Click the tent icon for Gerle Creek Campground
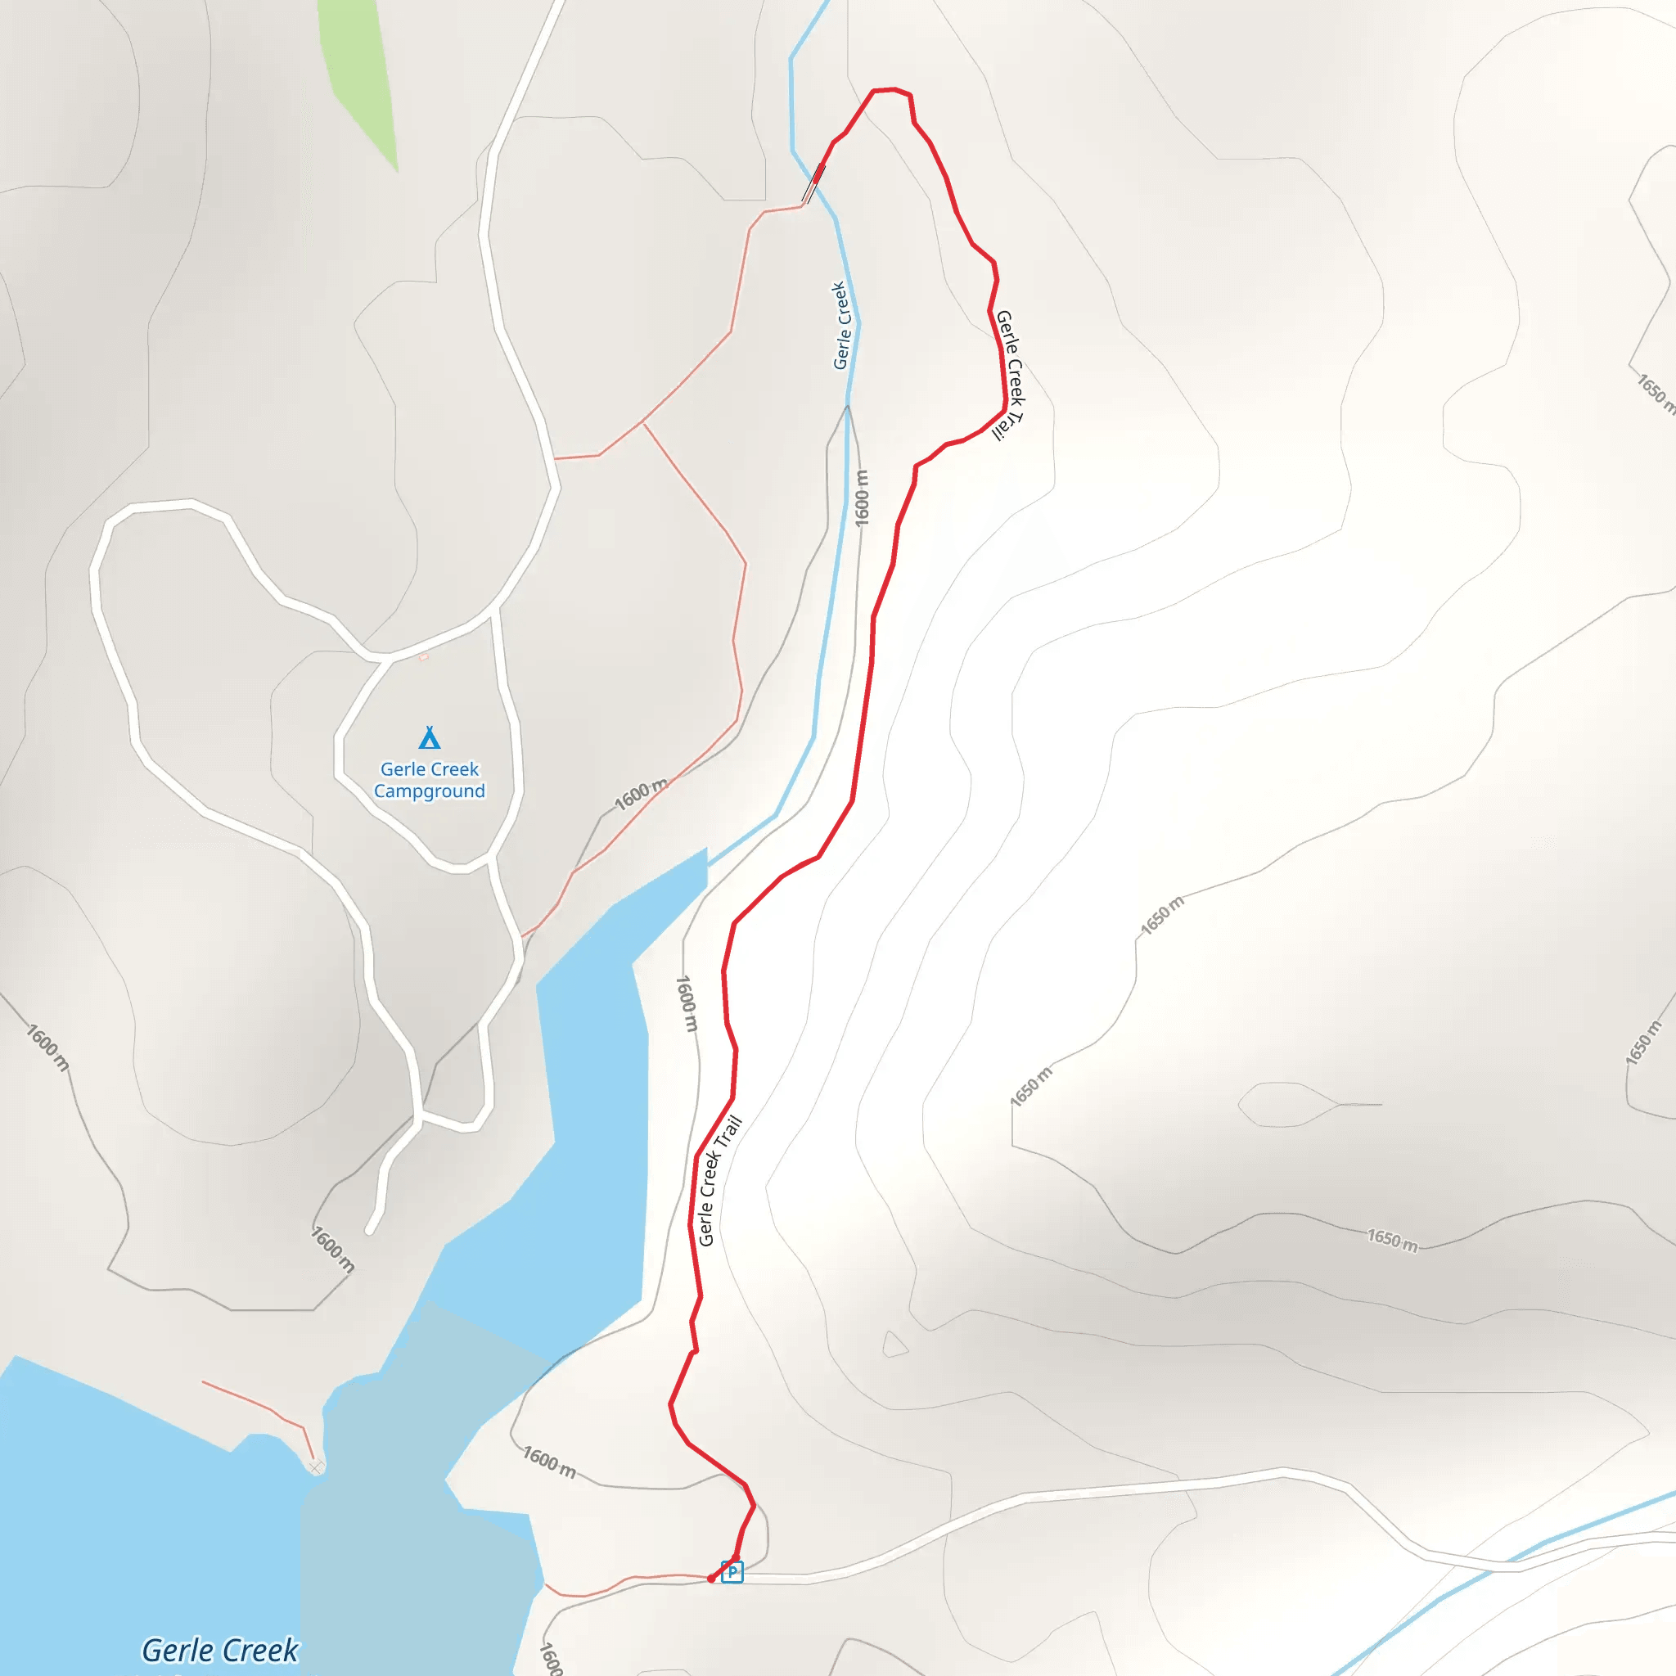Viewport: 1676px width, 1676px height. click(x=430, y=738)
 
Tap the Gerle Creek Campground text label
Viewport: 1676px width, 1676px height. click(x=430, y=780)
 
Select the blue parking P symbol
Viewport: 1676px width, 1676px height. click(x=732, y=1572)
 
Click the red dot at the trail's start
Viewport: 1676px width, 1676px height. click(x=711, y=1579)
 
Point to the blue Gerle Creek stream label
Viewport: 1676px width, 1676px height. click(x=840, y=326)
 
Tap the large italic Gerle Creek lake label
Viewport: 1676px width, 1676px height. click(x=220, y=1650)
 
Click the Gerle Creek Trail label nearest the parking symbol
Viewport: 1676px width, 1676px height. click(x=719, y=1181)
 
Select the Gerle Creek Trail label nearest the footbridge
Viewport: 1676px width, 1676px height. click(x=1010, y=376)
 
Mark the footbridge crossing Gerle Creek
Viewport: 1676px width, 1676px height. click(x=813, y=183)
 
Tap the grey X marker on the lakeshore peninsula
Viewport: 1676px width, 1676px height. click(x=316, y=1467)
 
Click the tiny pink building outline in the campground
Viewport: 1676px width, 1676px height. click(x=423, y=656)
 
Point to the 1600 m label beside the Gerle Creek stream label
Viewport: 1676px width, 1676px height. click(x=862, y=498)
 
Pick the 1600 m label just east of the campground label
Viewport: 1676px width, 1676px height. click(x=641, y=795)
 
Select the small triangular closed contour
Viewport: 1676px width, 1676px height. click(x=894, y=1345)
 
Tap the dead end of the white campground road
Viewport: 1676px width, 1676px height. click(x=371, y=1229)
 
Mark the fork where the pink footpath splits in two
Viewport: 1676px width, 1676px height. click(x=642, y=422)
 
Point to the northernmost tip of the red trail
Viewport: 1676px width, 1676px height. click(x=885, y=89)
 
